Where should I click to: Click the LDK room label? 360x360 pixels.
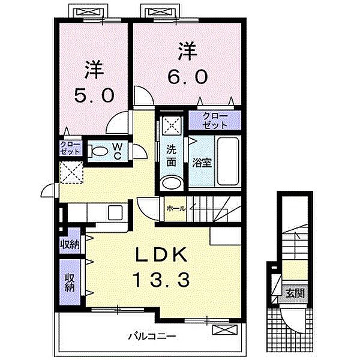[x=161, y=255]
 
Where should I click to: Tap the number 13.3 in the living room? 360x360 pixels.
[x=161, y=280]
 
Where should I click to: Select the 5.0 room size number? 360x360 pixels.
[x=94, y=95]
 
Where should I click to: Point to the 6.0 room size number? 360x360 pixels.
[x=188, y=77]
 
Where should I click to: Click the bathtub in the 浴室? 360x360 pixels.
[x=228, y=161]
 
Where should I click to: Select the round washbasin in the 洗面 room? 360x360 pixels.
[x=172, y=183]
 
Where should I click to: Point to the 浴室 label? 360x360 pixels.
[x=202, y=163]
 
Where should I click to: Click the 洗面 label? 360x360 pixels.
[x=171, y=155]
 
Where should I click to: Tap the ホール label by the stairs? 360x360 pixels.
[x=176, y=209]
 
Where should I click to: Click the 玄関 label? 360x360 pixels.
[x=295, y=293]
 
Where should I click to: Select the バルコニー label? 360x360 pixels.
[x=152, y=337]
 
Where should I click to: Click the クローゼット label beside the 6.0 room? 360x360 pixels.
[x=215, y=121]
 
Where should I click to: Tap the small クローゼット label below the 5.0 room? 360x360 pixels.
[x=70, y=148]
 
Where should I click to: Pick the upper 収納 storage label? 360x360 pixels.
[x=70, y=245]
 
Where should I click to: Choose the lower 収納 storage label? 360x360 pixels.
[x=70, y=283]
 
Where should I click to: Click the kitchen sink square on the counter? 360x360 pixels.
[x=115, y=212]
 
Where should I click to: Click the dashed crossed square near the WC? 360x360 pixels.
[x=71, y=173]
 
